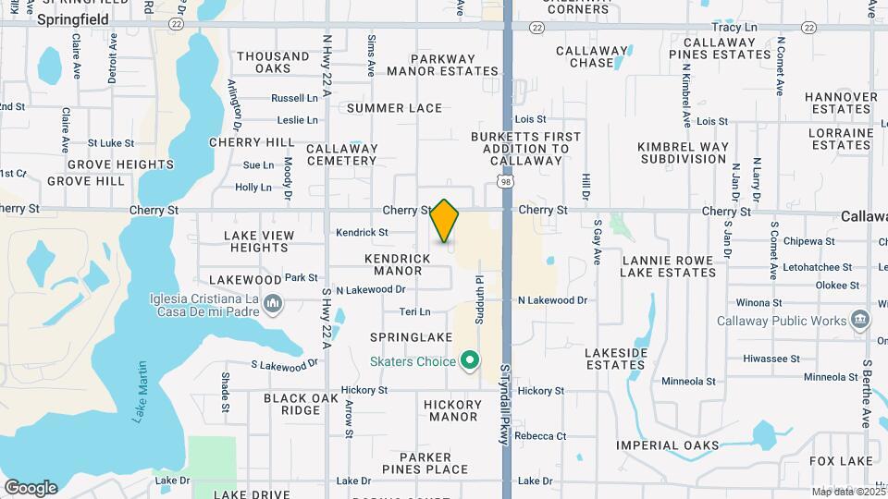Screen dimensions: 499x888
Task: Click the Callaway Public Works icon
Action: click(x=861, y=321)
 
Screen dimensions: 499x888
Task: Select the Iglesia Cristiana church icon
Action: click(x=273, y=303)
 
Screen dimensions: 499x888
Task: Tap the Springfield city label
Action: click(x=73, y=18)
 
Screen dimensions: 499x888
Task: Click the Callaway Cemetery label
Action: click(x=342, y=154)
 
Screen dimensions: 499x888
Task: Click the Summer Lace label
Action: click(x=395, y=108)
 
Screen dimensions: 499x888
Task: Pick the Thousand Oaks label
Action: click(x=273, y=62)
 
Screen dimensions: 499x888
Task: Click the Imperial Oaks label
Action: click(x=668, y=445)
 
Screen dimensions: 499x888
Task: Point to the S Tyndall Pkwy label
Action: click(x=505, y=405)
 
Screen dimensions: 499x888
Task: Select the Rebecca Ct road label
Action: click(x=540, y=435)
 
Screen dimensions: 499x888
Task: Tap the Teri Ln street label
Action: click(x=414, y=312)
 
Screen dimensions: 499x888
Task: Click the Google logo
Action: click(x=31, y=487)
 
